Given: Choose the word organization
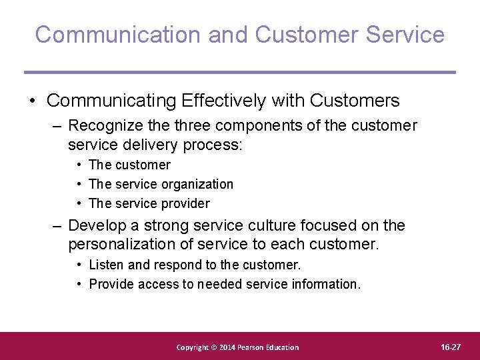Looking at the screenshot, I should [x=197, y=184].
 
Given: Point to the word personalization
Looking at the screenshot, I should [x=127, y=245].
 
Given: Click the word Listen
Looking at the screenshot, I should [x=106, y=265].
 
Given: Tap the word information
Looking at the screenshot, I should [x=325, y=284].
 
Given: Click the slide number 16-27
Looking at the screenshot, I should [x=451, y=347].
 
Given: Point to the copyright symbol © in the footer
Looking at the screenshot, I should [x=215, y=347].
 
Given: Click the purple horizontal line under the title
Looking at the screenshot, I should [x=240, y=72].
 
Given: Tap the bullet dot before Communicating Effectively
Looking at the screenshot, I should [x=32, y=101].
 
